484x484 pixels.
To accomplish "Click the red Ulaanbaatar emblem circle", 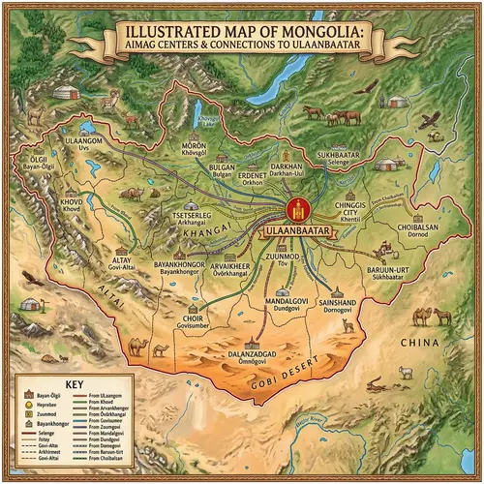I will [300, 210].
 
